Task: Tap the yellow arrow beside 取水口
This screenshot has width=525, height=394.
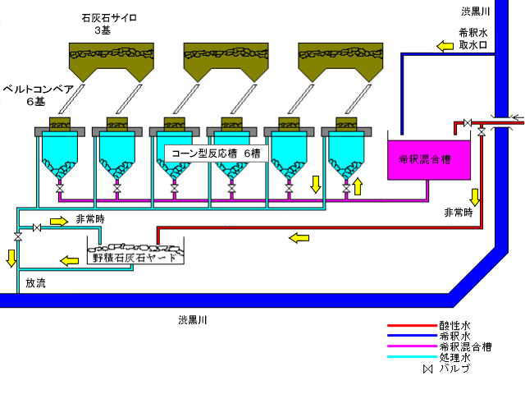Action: coord(445,46)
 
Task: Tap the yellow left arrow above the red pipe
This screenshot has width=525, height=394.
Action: coord(298,238)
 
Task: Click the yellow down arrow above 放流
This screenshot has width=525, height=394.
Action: coord(11,258)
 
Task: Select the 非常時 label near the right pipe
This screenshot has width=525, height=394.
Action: coord(459,212)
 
